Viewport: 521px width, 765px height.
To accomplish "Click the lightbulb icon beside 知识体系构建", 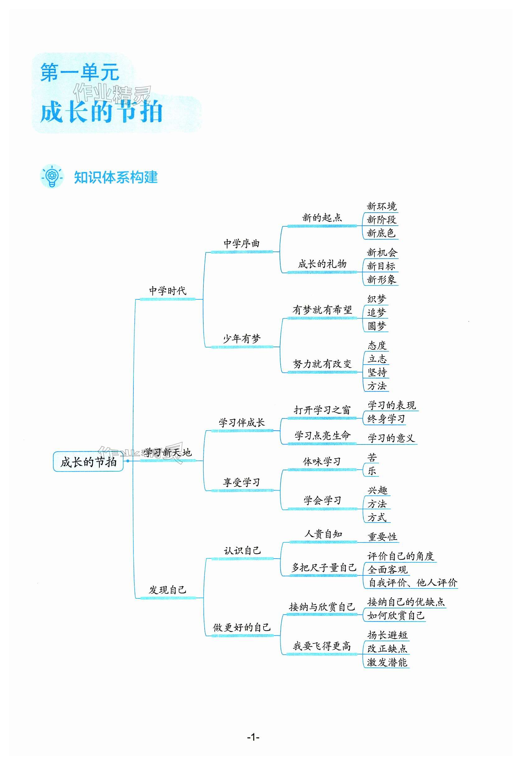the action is point(51,177).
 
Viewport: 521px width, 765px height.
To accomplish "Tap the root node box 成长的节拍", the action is point(88,462).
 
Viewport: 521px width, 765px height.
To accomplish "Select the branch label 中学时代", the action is point(168,291).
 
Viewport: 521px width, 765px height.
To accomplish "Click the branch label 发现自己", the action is point(168,590).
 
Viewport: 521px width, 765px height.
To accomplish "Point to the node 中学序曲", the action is point(241,244).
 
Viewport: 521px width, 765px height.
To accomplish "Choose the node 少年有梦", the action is point(242,339).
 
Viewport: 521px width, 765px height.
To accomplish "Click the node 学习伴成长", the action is point(242,423).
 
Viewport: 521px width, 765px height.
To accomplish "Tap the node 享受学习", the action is point(242,482).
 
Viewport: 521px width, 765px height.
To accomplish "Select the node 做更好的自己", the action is point(242,627).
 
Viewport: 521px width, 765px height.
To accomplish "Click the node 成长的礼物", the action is point(322,264).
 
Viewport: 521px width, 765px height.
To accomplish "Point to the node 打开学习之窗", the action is point(322,410).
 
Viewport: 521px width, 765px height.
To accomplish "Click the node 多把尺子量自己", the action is point(324,568).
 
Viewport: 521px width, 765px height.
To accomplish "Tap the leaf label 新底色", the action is point(381,233).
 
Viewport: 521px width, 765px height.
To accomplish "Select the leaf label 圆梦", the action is point(377,326).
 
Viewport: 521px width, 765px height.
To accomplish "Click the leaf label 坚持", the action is point(377,372).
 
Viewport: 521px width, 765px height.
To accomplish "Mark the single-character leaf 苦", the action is point(372,458).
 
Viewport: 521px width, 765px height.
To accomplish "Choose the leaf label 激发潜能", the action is point(387,662).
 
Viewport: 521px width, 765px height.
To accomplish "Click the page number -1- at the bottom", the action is point(253,737).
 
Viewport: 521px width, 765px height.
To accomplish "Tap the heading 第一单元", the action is point(80,72).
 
